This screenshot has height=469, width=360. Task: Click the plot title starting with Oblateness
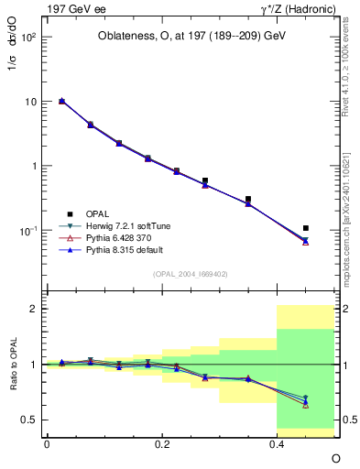(x=192, y=36)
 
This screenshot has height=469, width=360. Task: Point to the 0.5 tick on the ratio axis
(x=28, y=420)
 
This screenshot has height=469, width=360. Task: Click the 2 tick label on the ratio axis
(x=33, y=309)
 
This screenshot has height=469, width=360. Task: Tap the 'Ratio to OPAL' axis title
(x=12, y=364)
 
